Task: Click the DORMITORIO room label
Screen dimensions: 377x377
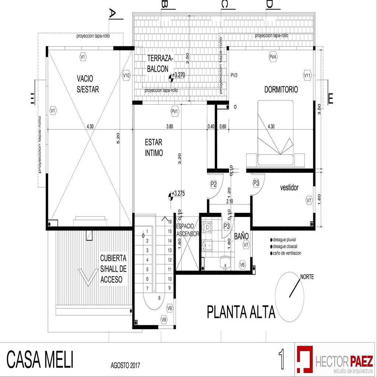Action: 281,89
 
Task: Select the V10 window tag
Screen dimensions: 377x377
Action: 126,75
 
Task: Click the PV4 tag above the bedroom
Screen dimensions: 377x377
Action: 273,57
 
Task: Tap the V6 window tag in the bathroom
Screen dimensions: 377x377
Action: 242,264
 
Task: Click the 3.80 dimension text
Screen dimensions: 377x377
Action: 170,126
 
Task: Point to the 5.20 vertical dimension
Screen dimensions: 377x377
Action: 118,138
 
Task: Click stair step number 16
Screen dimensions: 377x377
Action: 170,222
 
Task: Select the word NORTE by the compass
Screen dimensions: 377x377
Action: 307,277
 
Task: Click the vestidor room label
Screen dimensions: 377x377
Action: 289,187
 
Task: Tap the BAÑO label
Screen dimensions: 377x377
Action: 242,236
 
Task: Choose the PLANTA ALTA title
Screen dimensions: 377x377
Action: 241,312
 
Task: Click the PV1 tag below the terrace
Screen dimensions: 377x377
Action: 175,111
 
